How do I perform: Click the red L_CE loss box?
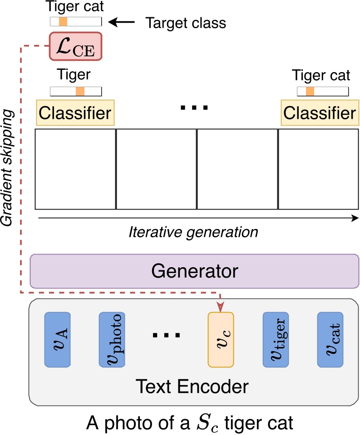76,46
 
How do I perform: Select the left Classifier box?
75,112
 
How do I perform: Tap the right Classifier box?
319,112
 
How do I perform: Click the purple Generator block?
194,271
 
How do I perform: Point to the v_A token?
57,339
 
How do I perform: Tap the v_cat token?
330,339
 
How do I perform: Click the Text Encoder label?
193,386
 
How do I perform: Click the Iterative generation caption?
193,232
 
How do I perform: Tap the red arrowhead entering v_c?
221,308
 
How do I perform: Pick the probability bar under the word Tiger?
76,91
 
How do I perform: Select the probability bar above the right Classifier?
322,92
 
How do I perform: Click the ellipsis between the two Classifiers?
194,108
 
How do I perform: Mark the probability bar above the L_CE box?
76,21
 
